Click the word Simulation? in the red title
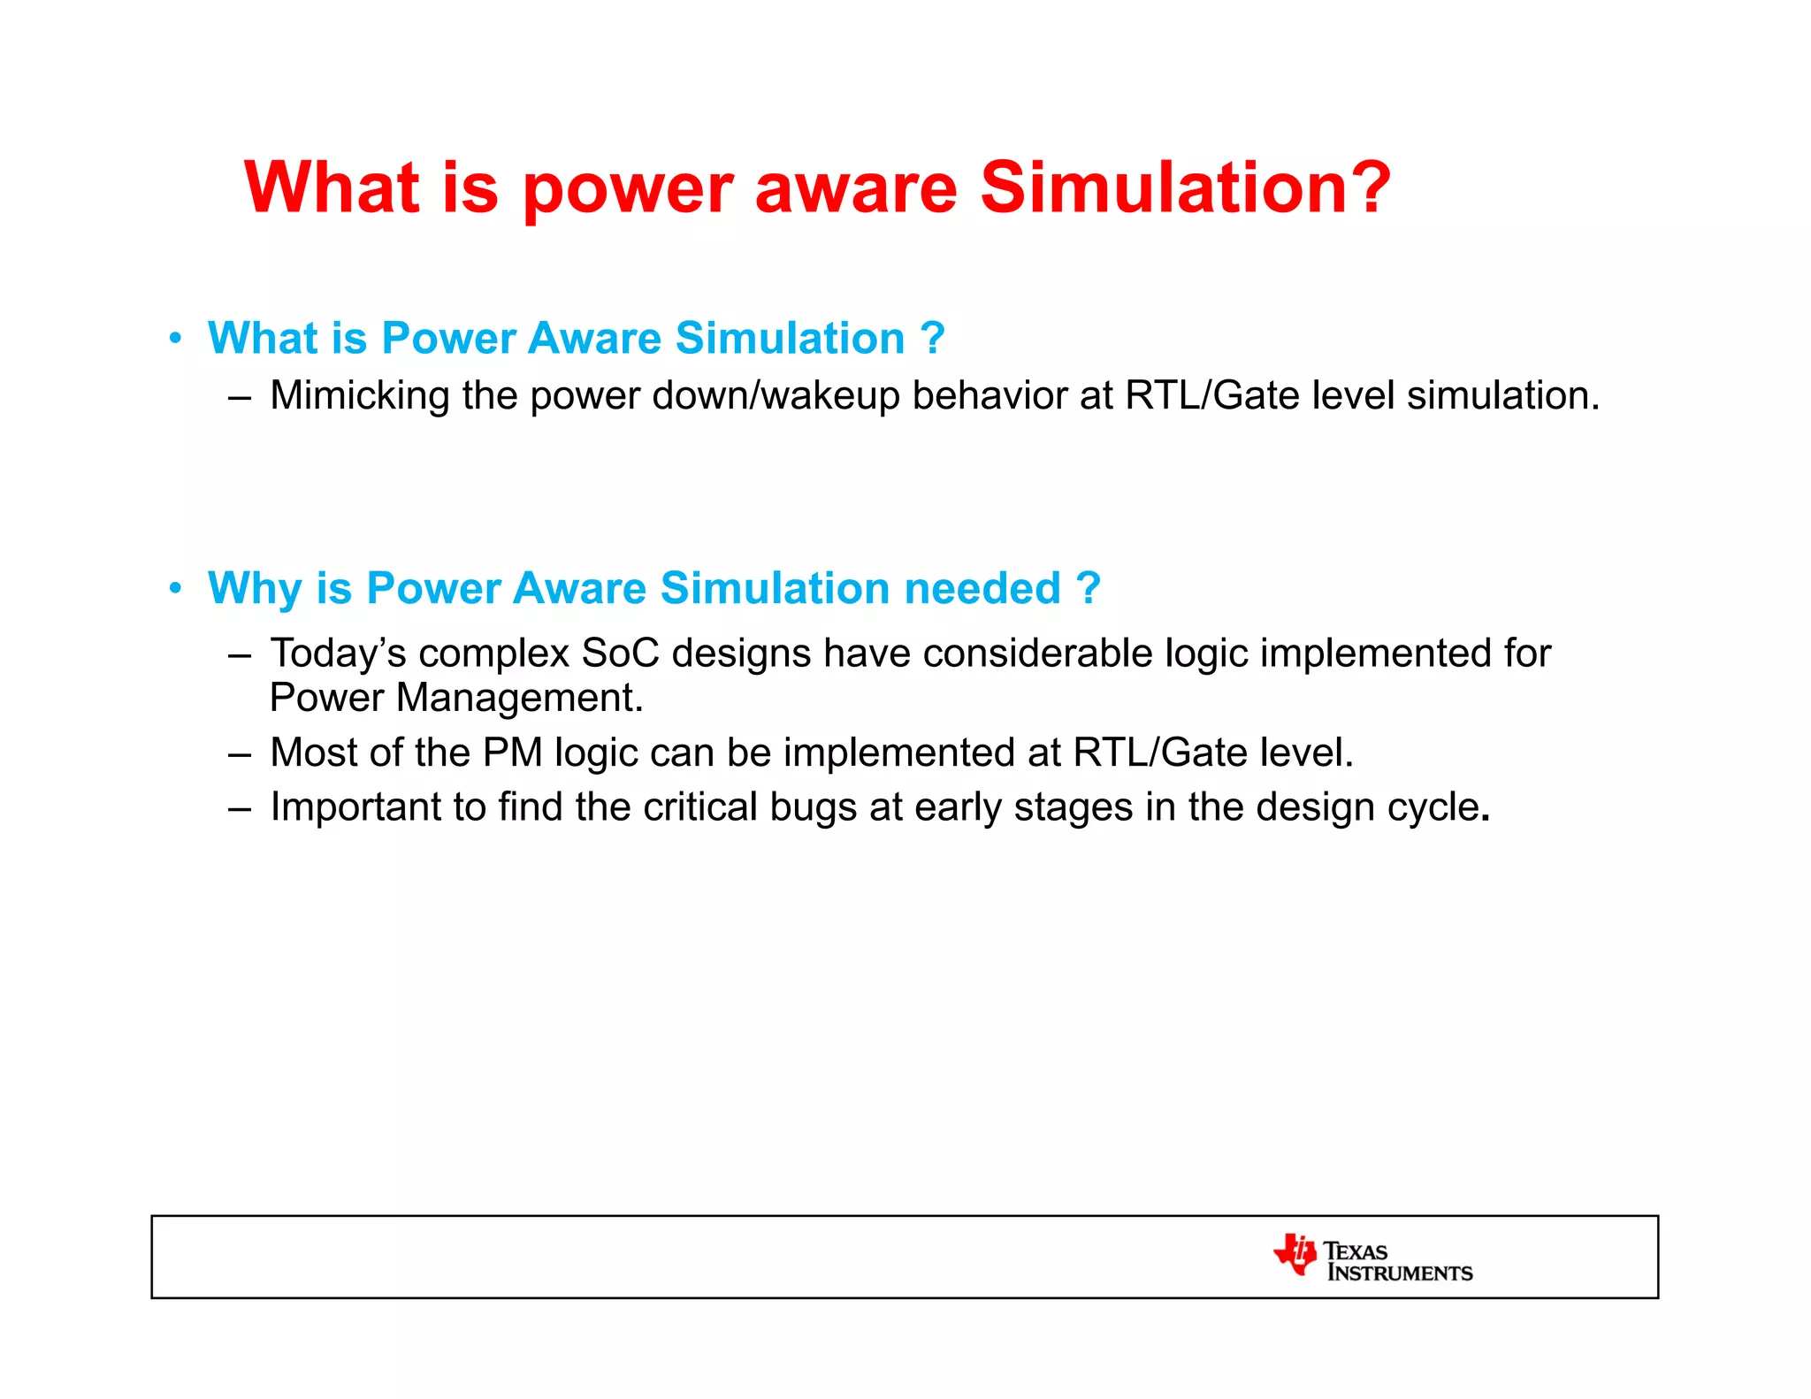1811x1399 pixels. [1185, 187]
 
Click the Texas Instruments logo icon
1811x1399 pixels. [1295, 1254]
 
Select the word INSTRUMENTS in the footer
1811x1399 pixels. [1399, 1273]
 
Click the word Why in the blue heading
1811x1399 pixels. [254, 589]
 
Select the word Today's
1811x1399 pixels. [338, 654]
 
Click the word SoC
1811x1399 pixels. [620, 654]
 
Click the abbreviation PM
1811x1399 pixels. [512, 753]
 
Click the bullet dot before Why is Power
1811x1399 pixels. [176, 588]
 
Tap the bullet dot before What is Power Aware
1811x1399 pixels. [176, 338]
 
